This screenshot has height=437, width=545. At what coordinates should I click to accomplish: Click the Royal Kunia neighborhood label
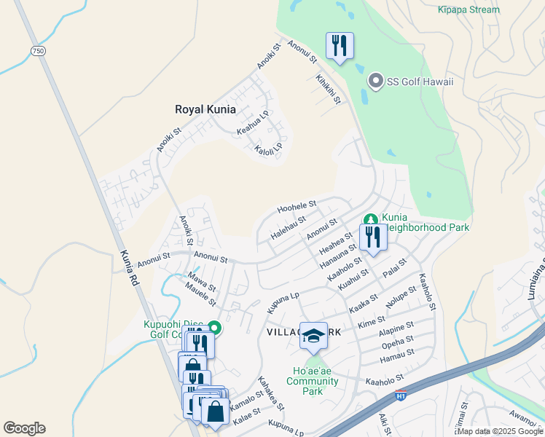tap(205, 109)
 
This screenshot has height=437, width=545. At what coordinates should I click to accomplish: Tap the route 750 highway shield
tap(38, 50)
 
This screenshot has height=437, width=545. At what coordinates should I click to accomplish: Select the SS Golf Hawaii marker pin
tap(376, 81)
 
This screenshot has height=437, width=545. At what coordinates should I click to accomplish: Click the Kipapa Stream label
tap(469, 9)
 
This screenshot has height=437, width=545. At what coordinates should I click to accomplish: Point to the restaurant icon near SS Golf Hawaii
tap(340, 45)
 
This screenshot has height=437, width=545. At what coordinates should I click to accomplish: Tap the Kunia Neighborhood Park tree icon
tap(370, 219)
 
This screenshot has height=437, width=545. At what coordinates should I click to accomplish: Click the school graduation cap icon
tap(313, 335)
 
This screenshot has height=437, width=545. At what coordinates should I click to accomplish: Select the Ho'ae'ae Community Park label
tap(313, 381)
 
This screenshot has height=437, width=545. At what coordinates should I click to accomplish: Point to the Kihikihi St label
tap(327, 89)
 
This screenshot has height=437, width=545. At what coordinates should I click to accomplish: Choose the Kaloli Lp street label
tap(268, 153)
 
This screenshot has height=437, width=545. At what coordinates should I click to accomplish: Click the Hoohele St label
tap(296, 208)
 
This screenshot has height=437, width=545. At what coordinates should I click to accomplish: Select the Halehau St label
tap(287, 227)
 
